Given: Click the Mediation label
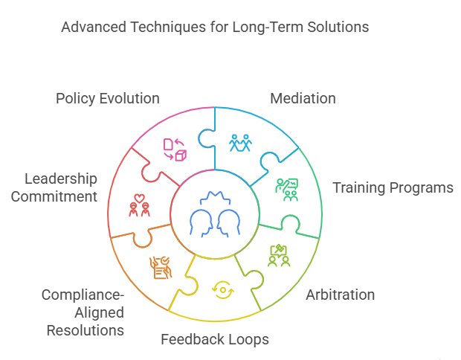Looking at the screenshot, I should pyautogui.click(x=303, y=98).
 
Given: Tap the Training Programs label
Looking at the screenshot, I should pyautogui.click(x=393, y=187).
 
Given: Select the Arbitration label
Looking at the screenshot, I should pyautogui.click(x=341, y=295).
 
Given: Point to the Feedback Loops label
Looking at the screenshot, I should pyautogui.click(x=215, y=340).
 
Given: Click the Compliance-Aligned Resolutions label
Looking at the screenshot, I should pyautogui.click(x=83, y=312).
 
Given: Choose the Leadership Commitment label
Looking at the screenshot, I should pyautogui.click(x=60, y=187).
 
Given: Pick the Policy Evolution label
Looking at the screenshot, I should pyautogui.click(x=108, y=98).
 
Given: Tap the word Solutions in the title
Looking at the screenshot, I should pyautogui.click(x=334, y=28).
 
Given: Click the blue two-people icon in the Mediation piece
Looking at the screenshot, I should pyautogui.click(x=239, y=143).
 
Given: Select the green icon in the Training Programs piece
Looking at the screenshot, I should pyautogui.click(x=286, y=190).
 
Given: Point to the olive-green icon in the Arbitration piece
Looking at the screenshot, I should pyautogui.click(x=279, y=255).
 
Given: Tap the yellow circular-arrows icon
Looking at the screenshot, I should pyautogui.click(x=222, y=289).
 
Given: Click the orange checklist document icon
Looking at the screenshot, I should pyautogui.click(x=160, y=267).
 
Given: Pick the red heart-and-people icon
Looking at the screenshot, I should pyautogui.click(x=138, y=205).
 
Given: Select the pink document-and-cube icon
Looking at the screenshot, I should pyautogui.click(x=174, y=150).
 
